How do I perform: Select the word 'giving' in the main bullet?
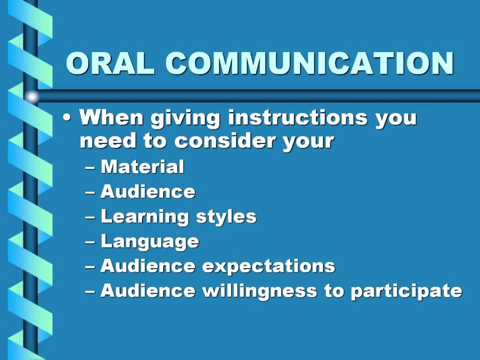(185, 118)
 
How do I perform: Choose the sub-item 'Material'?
(142, 167)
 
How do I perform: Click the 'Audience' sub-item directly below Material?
(148, 192)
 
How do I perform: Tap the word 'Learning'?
(144, 217)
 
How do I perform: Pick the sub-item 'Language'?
(150, 242)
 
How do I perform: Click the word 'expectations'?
(269, 266)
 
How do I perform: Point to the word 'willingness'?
(260, 291)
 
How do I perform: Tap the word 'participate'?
(406, 291)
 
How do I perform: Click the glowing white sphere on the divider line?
(32, 97)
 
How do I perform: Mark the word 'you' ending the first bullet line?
(396, 118)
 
